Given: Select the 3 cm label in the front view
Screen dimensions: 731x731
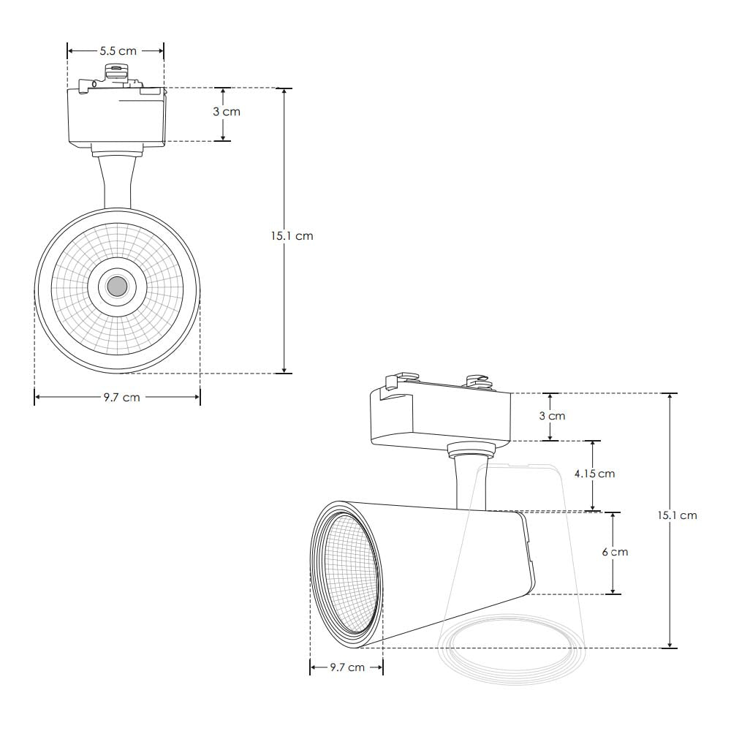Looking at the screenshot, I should coord(226,112).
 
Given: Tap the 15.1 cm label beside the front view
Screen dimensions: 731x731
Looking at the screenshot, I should coord(291,236).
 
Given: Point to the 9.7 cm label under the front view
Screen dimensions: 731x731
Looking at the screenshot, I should coord(121,398).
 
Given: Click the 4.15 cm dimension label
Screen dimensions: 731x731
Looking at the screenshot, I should coord(594,474).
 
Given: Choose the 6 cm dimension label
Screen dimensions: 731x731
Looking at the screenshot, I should coord(615,552).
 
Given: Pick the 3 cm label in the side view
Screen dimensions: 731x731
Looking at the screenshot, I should coord(552,416).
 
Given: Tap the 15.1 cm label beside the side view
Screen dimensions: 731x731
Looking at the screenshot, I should coord(677,515).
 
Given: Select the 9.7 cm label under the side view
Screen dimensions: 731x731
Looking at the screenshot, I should coord(347,667).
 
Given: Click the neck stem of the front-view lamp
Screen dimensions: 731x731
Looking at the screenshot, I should coord(118,183).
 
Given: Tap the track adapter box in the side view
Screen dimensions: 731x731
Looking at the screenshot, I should coord(439,417).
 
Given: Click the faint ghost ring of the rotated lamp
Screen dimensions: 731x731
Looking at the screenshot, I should coord(512,651).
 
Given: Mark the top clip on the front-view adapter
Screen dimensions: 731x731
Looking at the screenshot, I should coord(115,71).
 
